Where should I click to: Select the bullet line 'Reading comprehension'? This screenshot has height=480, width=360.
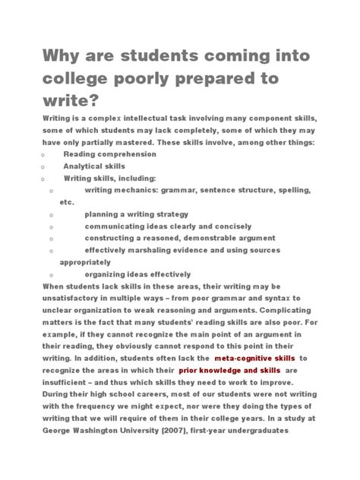(109, 154)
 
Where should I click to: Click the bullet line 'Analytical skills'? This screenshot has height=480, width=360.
(94, 166)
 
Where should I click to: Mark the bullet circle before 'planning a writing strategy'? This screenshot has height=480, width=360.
(51, 215)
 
